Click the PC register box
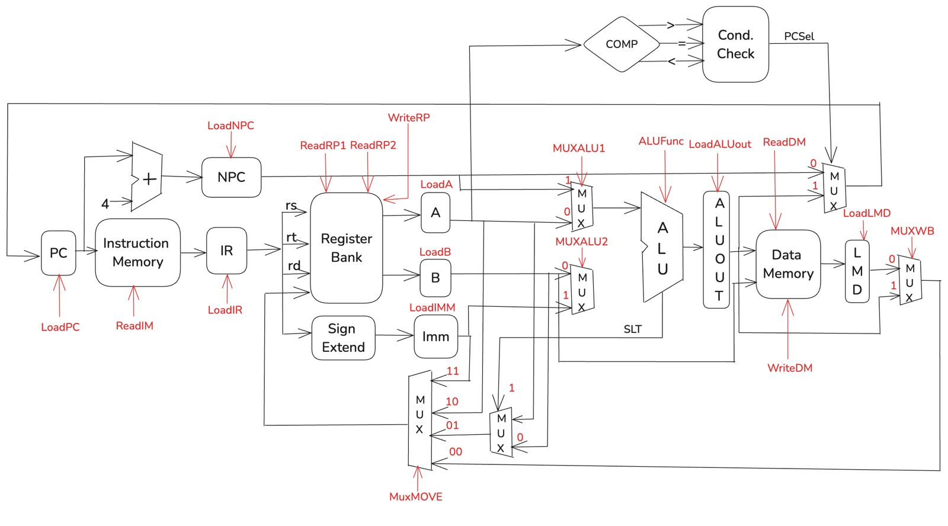[x=58, y=253]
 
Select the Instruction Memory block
[x=137, y=252]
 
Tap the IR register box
[x=226, y=251]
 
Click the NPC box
[x=231, y=177]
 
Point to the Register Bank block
[x=346, y=248]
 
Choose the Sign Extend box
[x=343, y=338]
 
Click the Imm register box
[x=435, y=336]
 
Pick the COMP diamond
[x=622, y=44]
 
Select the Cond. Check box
[x=735, y=44]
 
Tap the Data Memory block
[x=788, y=264]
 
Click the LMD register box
[x=857, y=271]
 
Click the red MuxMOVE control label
[x=415, y=497]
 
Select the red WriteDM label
[x=790, y=368]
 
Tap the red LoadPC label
[x=60, y=327]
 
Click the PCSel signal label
[x=799, y=36]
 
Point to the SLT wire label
[x=632, y=329]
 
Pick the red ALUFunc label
[x=661, y=142]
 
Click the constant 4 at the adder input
[x=105, y=204]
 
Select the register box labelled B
[x=435, y=278]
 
